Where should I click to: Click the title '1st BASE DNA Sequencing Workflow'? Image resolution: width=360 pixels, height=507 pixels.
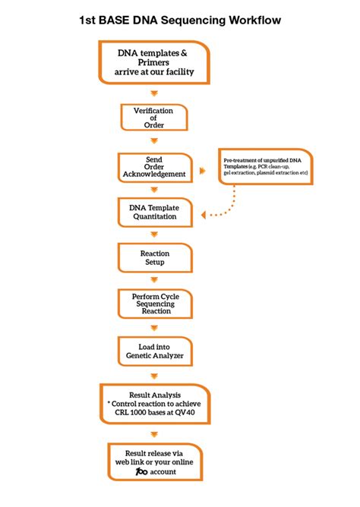pyautogui.click(x=180, y=20)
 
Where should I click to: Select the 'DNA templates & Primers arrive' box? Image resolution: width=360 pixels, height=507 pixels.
pyautogui.click(x=154, y=62)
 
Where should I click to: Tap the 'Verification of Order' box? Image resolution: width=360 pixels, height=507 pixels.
pyautogui.click(x=154, y=118)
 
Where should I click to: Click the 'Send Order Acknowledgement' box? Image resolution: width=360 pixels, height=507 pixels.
pyautogui.click(x=154, y=167)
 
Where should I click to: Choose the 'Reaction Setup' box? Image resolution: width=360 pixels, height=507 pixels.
pyautogui.click(x=154, y=257)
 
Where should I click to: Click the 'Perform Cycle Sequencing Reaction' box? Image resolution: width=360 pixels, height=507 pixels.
pyautogui.click(x=154, y=304)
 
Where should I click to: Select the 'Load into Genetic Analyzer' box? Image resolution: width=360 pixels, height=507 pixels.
pyautogui.click(x=154, y=350)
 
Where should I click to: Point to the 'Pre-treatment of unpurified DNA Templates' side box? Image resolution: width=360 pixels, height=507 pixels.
pyautogui.click(x=265, y=167)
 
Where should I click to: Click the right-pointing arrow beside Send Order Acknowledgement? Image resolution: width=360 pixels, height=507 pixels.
pyautogui.click(x=202, y=170)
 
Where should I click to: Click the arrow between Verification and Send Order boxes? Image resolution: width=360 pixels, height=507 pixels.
pyautogui.click(x=155, y=141)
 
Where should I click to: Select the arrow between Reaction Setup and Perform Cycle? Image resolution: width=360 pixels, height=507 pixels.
pyautogui.click(x=155, y=280)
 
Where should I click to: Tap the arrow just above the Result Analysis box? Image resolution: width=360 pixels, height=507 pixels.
pyautogui.click(x=155, y=375)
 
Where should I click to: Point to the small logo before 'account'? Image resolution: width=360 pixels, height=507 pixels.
pyautogui.click(x=141, y=472)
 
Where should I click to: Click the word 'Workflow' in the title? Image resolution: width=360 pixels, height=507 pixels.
pyautogui.click(x=251, y=20)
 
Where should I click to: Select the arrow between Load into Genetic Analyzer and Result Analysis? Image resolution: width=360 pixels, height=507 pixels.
pyautogui.click(x=155, y=375)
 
